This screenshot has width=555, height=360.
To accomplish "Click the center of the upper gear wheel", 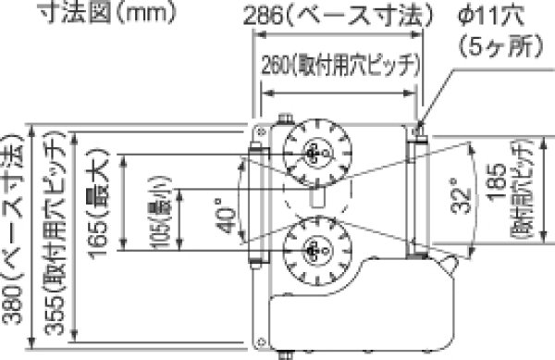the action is [315, 152].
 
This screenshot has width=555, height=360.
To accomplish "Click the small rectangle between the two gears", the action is [315, 197].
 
